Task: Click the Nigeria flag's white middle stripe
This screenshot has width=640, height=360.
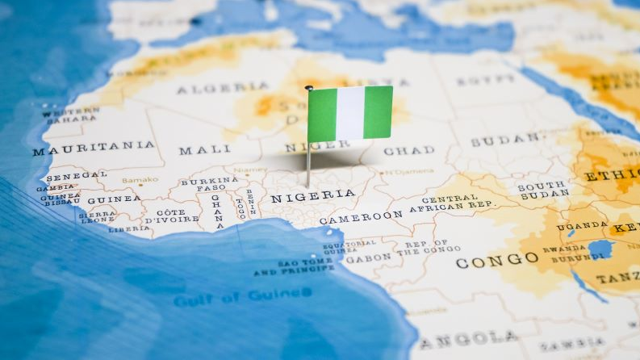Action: [349, 114]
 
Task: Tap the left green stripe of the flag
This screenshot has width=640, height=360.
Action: [322, 115]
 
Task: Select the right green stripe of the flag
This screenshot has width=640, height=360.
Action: [378, 112]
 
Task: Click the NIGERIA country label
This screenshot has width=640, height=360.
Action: [312, 196]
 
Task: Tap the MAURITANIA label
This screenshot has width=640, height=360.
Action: [94, 149]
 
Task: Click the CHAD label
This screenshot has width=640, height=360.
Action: [408, 151]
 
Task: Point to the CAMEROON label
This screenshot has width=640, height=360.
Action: [360, 216]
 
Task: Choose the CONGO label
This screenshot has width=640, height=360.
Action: [496, 261]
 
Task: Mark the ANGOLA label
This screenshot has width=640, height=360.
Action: [468, 337]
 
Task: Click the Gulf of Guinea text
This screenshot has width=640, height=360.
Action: [229, 297]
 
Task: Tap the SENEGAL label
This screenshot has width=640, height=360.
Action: [76, 175]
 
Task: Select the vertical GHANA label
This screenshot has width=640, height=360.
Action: [215, 211]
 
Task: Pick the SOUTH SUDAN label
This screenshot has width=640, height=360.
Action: [542, 190]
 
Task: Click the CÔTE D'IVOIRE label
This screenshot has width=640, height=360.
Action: [172, 216]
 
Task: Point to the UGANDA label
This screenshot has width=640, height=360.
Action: [581, 226]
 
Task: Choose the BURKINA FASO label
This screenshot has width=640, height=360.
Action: [208, 184]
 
